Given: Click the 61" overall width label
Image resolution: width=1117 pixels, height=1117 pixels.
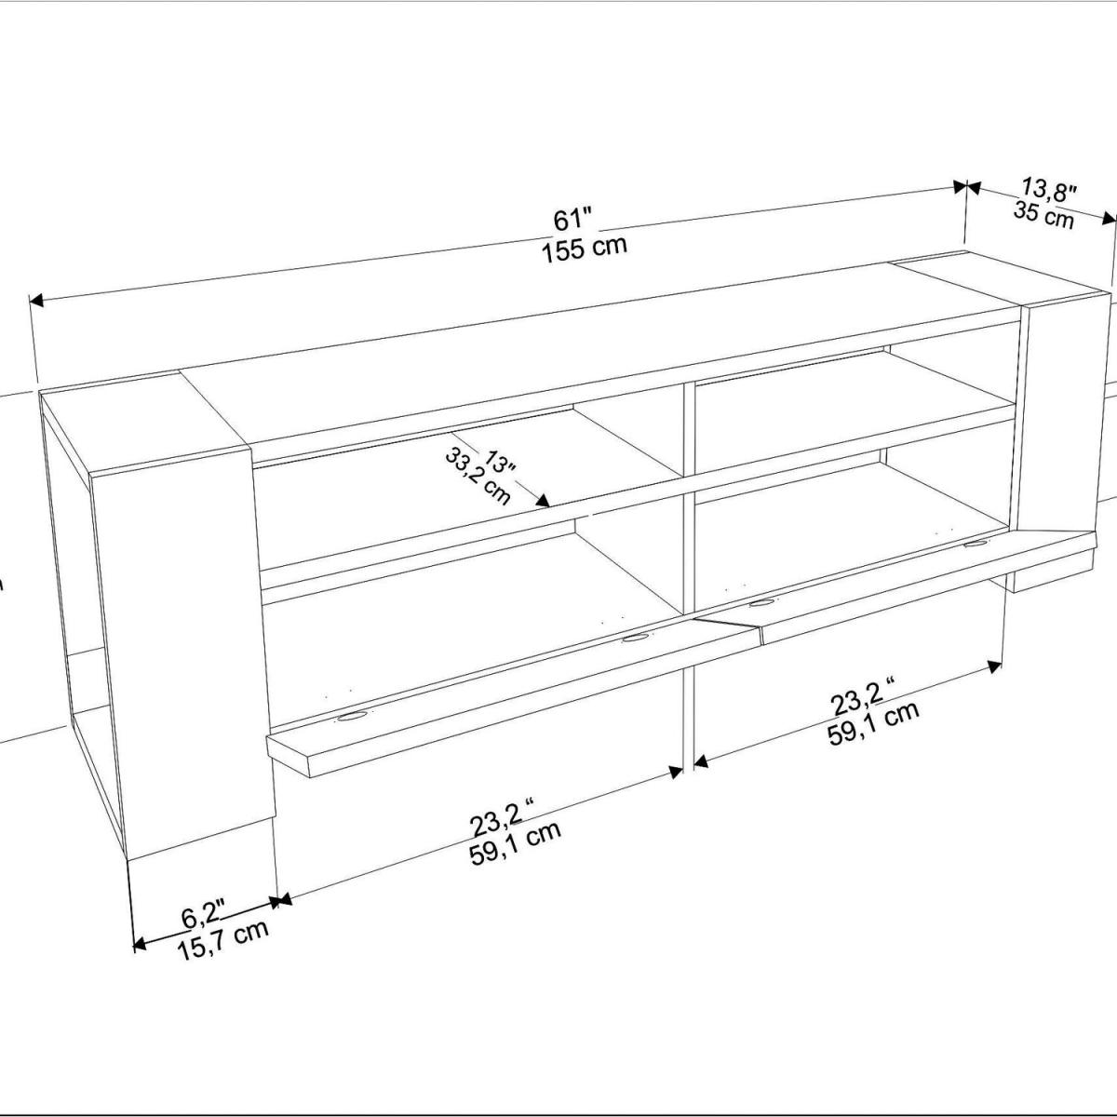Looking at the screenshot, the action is pyautogui.click(x=572, y=221).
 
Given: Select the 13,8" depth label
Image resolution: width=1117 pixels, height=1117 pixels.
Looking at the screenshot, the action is pyautogui.click(x=1049, y=191).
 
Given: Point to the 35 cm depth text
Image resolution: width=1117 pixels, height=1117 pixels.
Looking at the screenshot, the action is pyautogui.click(x=1043, y=215).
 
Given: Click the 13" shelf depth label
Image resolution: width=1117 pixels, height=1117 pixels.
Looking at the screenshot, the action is pyautogui.click(x=499, y=461).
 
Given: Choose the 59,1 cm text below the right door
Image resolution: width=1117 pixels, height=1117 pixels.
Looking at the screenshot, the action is pyautogui.click(x=873, y=724).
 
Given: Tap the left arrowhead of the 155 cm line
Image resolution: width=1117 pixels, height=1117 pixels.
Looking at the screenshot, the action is pyautogui.click(x=36, y=301).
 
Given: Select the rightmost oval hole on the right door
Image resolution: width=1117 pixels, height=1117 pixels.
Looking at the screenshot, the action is pyautogui.click(x=976, y=544).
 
